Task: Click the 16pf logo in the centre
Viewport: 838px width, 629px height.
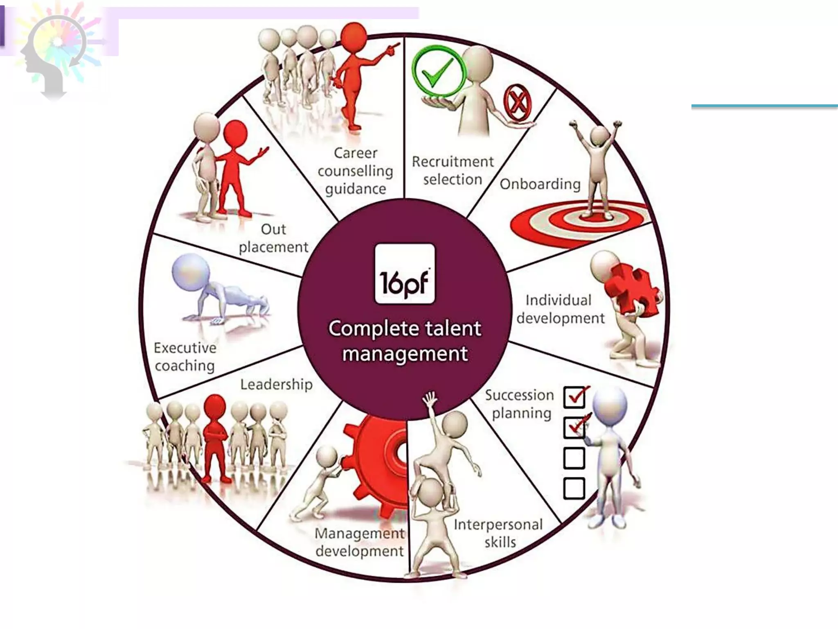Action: tap(405, 274)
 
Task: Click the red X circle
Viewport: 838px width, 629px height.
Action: tap(518, 102)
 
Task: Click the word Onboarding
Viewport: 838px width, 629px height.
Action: tap(540, 184)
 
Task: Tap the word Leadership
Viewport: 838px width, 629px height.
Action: tap(276, 385)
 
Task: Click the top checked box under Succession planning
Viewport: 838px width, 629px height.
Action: tap(574, 396)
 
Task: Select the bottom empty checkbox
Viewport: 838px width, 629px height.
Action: tap(574, 488)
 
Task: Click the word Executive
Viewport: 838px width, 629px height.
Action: tap(185, 348)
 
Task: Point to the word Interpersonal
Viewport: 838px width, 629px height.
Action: tap(498, 525)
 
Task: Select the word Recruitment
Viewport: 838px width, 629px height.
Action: tap(453, 162)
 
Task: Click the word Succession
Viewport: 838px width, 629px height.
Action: tap(519, 395)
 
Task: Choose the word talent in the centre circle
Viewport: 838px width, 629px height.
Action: tap(453, 328)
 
